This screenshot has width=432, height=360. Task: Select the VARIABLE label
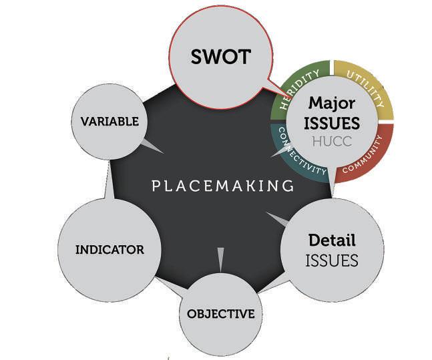tap(110, 122)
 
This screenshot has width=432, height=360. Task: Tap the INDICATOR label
tap(110, 250)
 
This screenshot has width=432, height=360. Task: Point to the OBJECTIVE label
tap(220, 314)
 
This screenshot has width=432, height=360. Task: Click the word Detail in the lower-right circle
tap(332, 240)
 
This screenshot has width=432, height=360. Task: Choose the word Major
tap(332, 104)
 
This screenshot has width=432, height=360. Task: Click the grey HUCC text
tap(332, 142)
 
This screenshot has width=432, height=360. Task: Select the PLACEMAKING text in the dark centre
tap(223, 186)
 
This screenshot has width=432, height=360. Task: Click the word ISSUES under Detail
tap(332, 260)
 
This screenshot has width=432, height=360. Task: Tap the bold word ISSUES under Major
tap(332, 123)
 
